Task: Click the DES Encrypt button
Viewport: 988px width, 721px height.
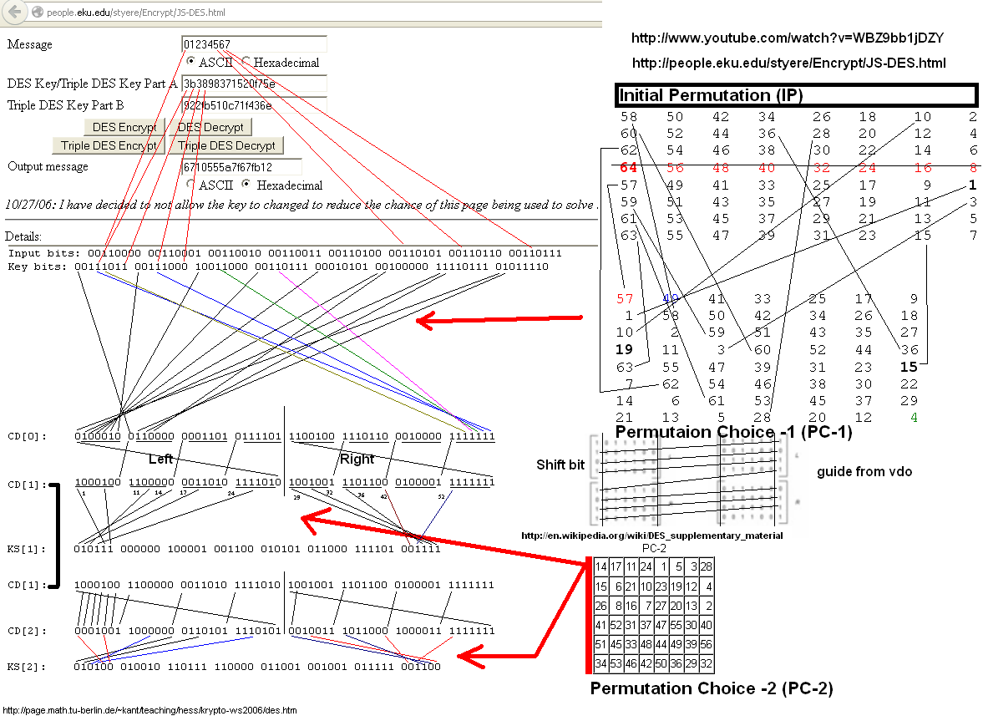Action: [124, 127]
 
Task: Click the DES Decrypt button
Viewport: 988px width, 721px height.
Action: [210, 127]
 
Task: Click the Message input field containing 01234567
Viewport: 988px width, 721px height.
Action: [254, 44]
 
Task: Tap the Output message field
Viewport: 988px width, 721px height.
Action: [241, 167]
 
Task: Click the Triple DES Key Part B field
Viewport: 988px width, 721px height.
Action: [254, 105]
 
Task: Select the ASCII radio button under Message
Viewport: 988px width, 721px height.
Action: [191, 62]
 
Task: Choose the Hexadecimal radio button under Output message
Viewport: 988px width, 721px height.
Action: [246, 185]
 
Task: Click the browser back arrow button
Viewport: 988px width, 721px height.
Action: [14, 13]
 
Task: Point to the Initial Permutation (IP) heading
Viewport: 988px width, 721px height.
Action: [711, 95]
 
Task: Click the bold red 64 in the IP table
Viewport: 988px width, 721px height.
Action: [629, 167]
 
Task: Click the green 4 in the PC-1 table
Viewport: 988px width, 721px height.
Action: [915, 417]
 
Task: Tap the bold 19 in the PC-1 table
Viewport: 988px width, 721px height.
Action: [624, 349]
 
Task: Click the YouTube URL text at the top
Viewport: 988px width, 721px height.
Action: [788, 38]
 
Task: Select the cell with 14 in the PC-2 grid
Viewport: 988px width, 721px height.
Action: [601, 567]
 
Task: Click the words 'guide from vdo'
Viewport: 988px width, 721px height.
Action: [864, 472]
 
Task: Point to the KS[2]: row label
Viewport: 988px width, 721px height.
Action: [28, 667]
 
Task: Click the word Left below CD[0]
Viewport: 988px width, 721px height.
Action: [160, 459]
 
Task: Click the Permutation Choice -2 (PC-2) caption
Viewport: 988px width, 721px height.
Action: [711, 689]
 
